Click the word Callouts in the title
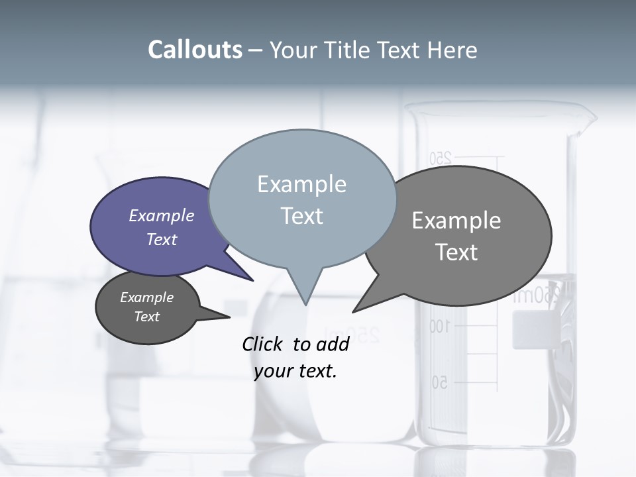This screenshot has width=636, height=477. pyautogui.click(x=195, y=50)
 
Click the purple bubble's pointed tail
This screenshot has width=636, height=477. pyautogui.click(x=252, y=280)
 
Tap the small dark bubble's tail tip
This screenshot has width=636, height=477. pyautogui.click(x=229, y=317)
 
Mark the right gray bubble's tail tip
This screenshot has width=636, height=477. pyautogui.click(x=353, y=311)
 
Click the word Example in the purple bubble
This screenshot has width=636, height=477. pyautogui.click(x=162, y=216)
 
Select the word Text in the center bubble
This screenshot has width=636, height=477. pyautogui.click(x=302, y=216)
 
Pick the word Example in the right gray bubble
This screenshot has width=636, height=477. pyautogui.click(x=456, y=221)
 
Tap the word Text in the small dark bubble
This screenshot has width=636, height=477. pyautogui.click(x=147, y=317)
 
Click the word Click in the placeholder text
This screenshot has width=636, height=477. pyautogui.click(x=264, y=344)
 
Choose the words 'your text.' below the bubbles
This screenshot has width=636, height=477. pyautogui.click(x=295, y=371)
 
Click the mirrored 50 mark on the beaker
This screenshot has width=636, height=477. pyautogui.click(x=440, y=382)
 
